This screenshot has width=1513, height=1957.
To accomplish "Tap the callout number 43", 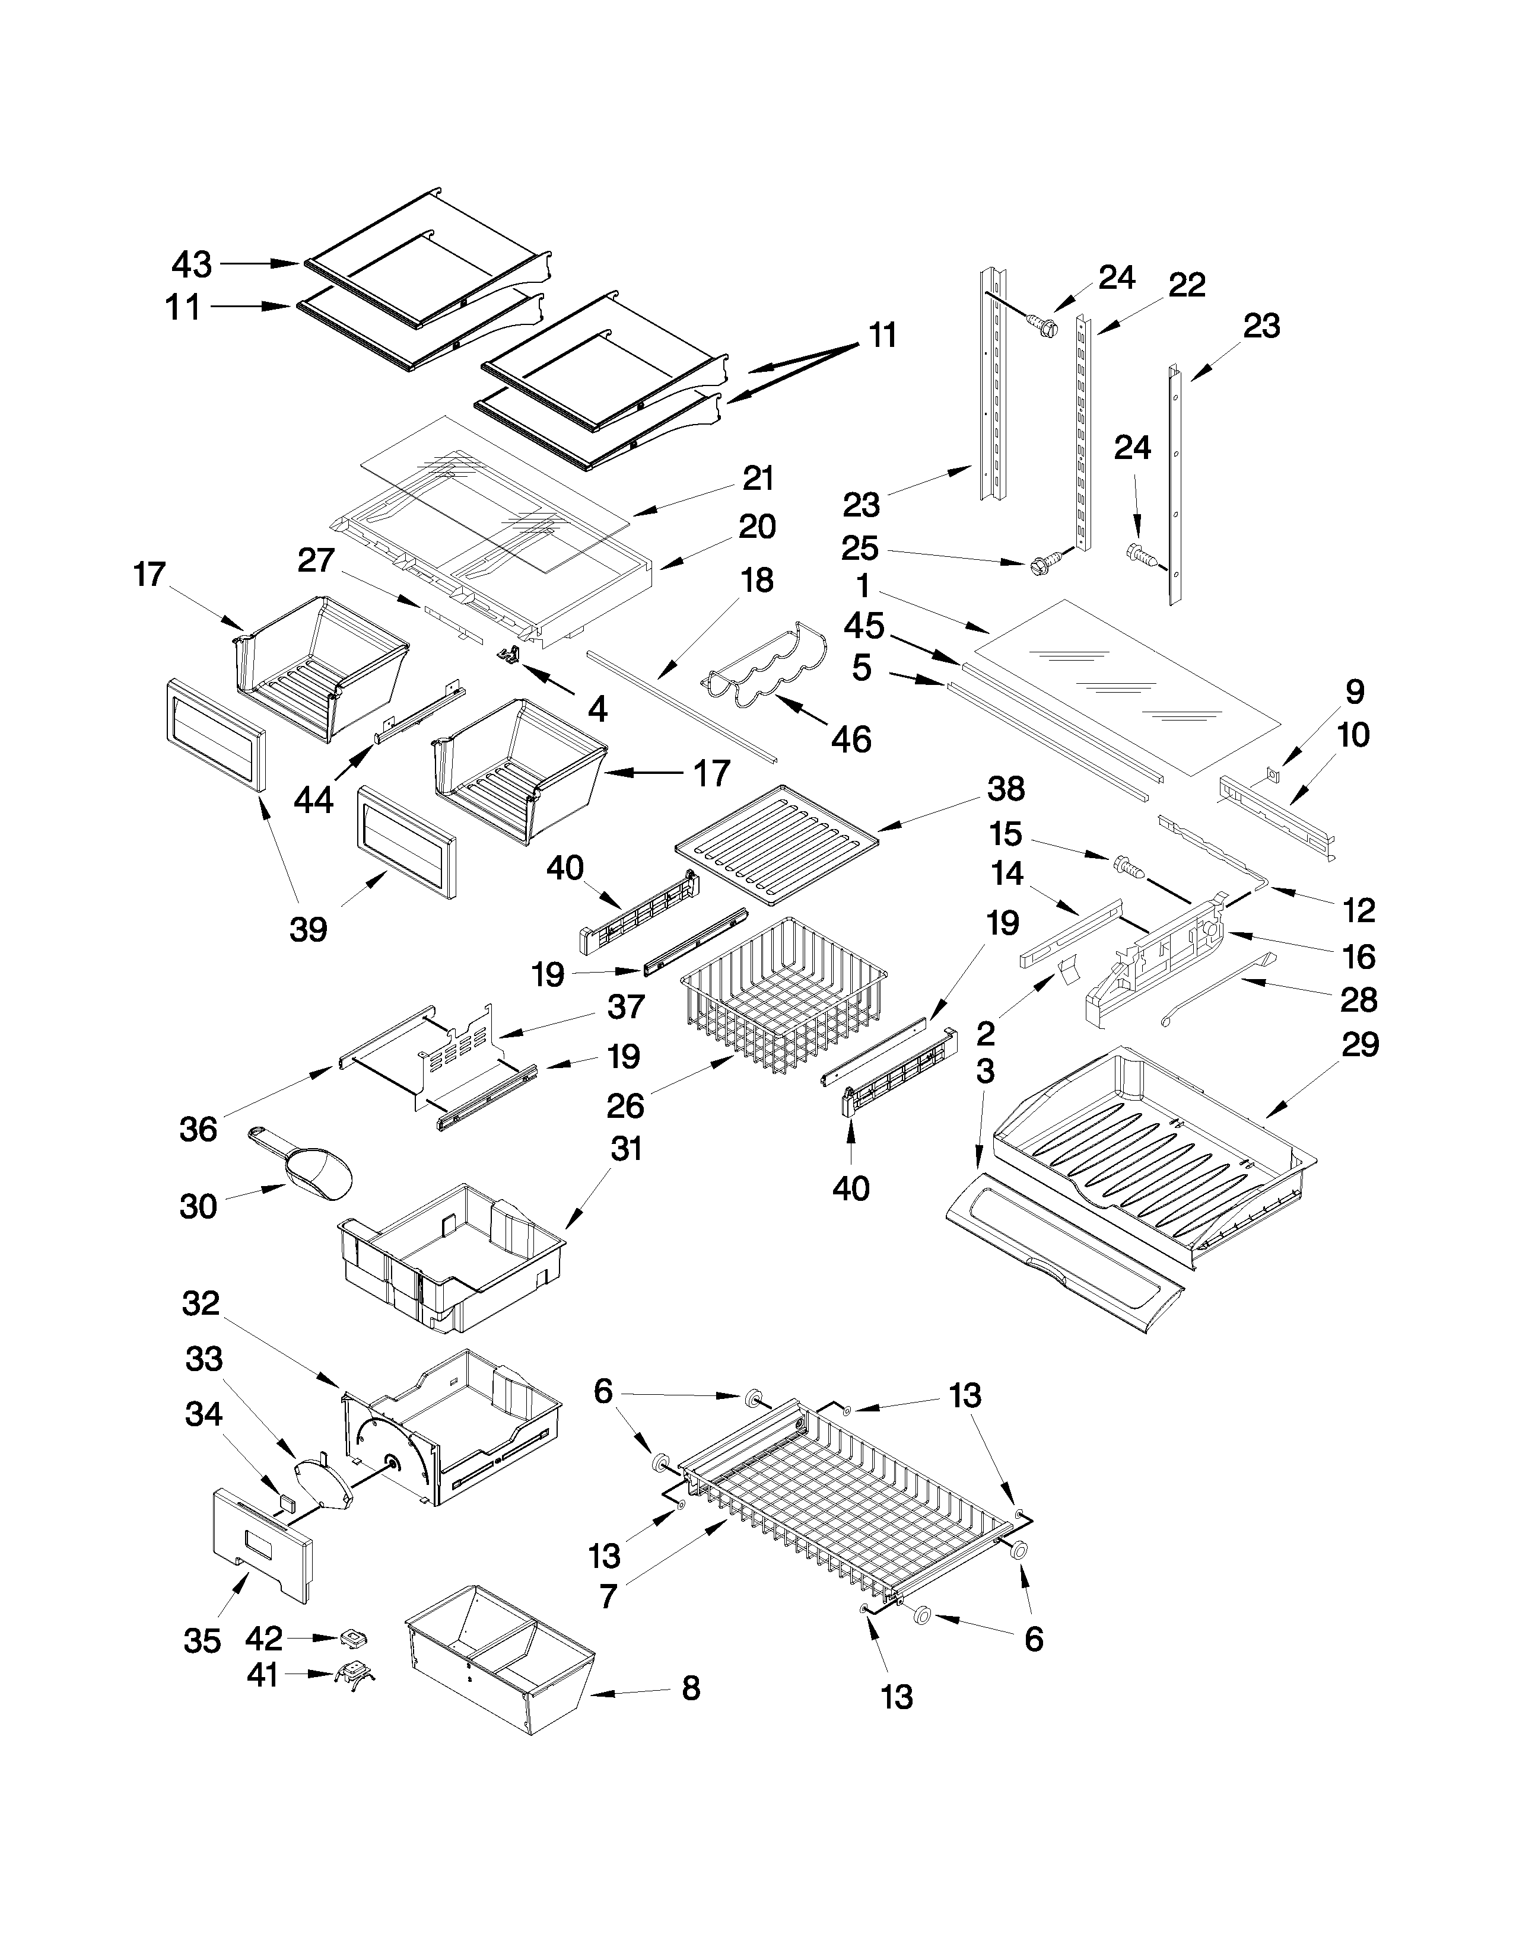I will click(192, 264).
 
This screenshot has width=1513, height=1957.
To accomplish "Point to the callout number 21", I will click(758, 479).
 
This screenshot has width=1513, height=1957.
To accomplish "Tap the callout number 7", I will click(609, 1596).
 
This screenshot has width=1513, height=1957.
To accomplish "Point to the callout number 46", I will click(851, 740).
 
